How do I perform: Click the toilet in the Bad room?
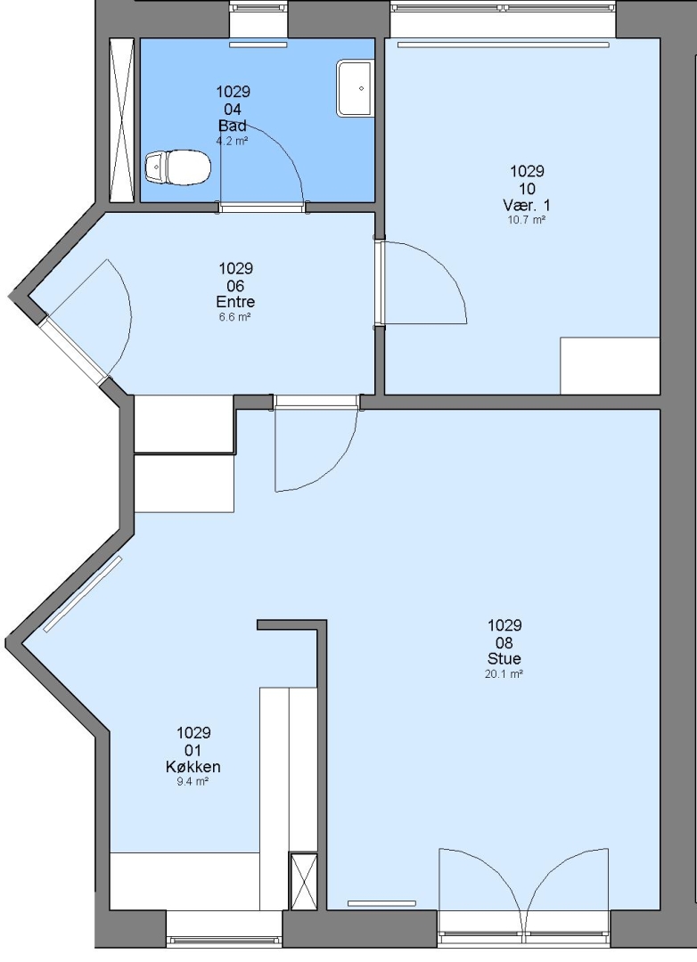point(177,167)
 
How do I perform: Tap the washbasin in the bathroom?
point(355,88)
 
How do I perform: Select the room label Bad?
point(233,126)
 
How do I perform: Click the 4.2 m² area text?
point(232,141)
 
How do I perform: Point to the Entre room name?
point(235,302)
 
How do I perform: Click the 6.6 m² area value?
point(235,317)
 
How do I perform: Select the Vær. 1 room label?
point(527,205)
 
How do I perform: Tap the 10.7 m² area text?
point(527,220)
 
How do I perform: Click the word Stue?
point(504,659)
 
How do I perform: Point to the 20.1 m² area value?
point(504,674)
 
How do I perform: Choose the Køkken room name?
point(193,767)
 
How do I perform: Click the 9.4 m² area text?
point(193,782)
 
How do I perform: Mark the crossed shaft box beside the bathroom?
point(121,120)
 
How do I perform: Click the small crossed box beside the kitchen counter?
point(303,881)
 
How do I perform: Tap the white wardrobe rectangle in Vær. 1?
point(610,366)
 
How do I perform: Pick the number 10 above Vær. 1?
point(527,188)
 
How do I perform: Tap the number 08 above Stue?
point(504,643)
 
